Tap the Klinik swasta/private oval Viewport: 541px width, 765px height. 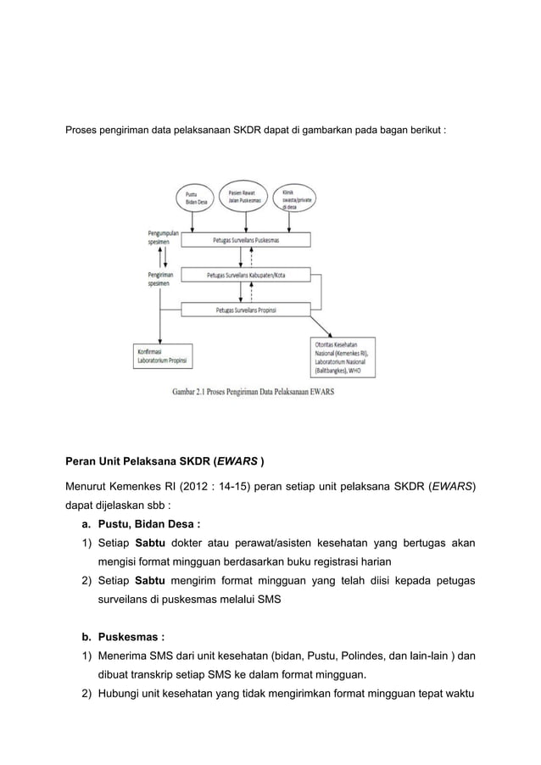295,200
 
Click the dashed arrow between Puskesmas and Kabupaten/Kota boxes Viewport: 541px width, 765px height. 251,258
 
